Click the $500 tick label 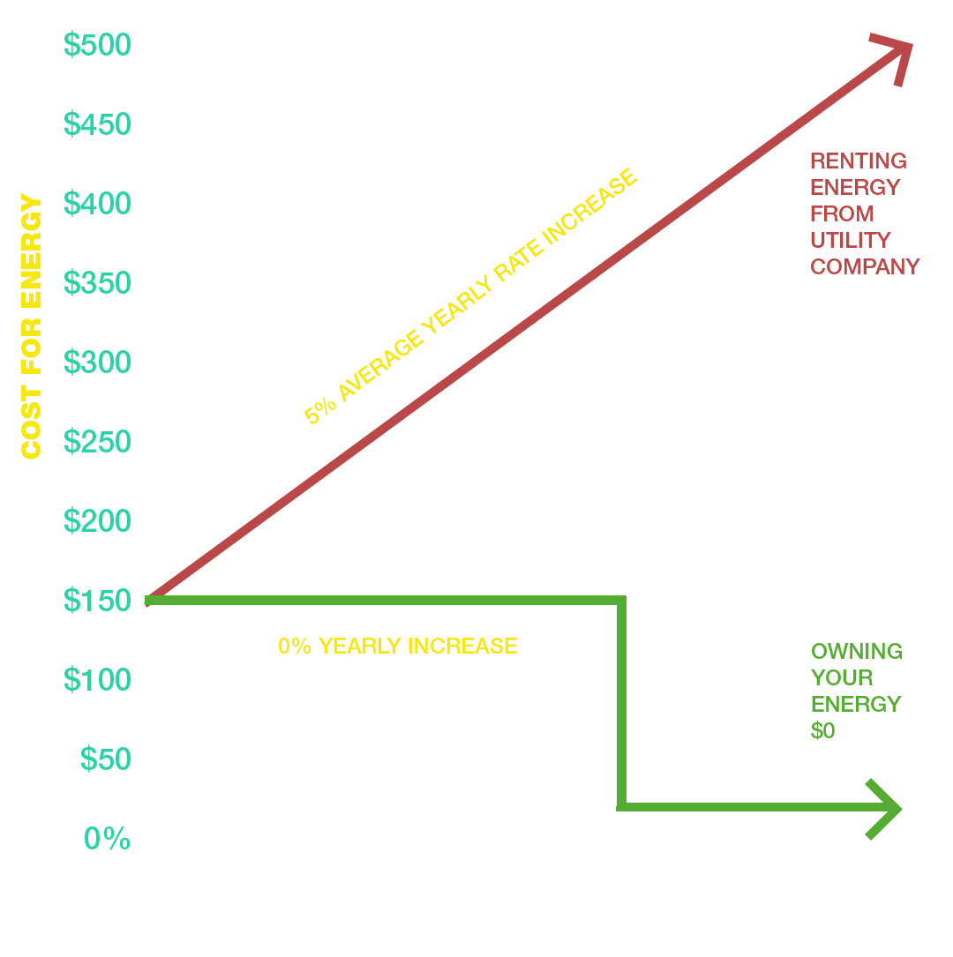click(x=97, y=45)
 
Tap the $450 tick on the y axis click(x=97, y=124)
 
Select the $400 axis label click(x=97, y=204)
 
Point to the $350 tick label click(x=97, y=283)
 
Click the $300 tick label click(x=97, y=363)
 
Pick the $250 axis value click(x=97, y=442)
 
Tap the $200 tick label click(x=97, y=521)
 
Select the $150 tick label click(x=97, y=601)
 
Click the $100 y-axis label click(x=97, y=680)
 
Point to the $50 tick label click(x=105, y=759)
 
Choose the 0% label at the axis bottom click(x=107, y=839)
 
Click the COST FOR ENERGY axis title click(x=32, y=327)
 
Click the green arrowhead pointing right click(x=885, y=808)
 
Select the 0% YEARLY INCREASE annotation click(x=397, y=646)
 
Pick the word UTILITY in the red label click(x=850, y=240)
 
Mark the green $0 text click(x=822, y=730)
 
